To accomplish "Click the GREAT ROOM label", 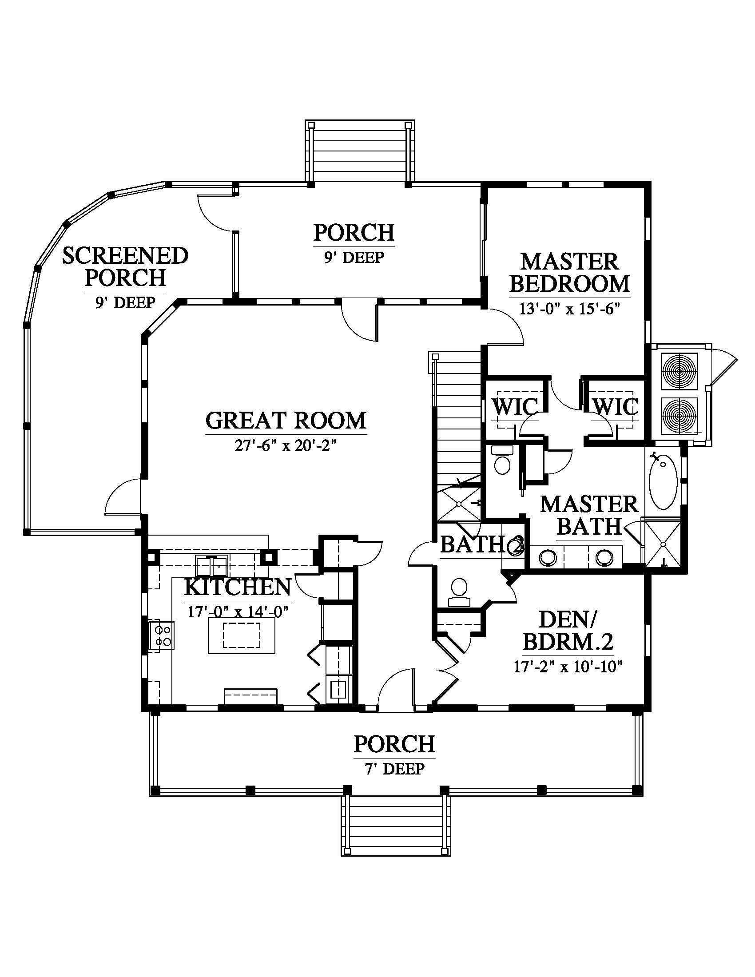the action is click(286, 420).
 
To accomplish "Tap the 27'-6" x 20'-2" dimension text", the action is click(286, 446).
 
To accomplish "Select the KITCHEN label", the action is click(238, 587).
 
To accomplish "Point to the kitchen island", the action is click(242, 635).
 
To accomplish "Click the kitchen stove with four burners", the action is click(162, 635).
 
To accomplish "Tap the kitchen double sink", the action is click(212, 566).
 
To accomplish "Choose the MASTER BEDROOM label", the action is click(569, 272).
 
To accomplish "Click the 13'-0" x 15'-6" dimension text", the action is click(569, 309).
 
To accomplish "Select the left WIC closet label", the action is click(514, 407).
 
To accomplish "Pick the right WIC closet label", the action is click(616, 407).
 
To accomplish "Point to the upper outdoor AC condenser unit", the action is click(679, 371).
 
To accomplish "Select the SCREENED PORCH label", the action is click(125, 266).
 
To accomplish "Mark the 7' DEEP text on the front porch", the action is click(394, 769).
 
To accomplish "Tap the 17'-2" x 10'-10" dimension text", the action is click(568, 667).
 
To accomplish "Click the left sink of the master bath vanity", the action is click(548, 556).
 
